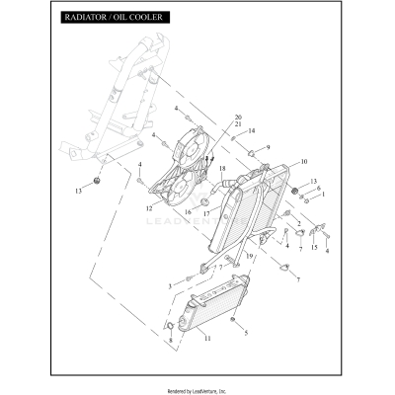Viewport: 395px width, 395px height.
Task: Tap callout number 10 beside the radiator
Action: tap(303, 161)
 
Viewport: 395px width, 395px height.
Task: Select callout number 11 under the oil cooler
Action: tap(207, 339)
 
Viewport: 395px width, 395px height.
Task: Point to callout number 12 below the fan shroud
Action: tap(149, 208)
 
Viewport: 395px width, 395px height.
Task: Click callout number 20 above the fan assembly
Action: tap(238, 118)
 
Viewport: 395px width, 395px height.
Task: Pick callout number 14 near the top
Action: tap(252, 130)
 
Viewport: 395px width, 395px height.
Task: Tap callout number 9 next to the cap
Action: tap(267, 147)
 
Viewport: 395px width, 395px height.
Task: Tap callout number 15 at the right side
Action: tap(315, 248)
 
